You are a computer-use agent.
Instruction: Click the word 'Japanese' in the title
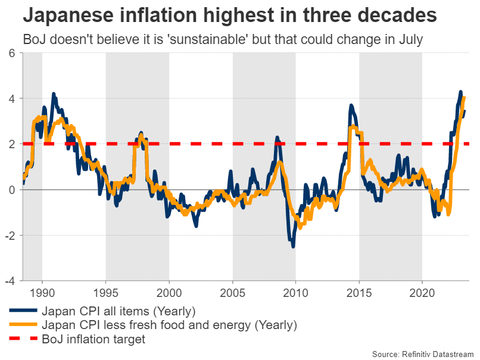click(68, 15)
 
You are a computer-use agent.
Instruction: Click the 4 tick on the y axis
click(12, 98)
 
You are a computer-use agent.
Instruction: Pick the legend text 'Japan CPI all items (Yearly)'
click(119, 311)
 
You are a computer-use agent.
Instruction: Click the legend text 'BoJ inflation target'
click(93, 339)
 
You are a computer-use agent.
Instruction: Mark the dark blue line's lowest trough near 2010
click(293, 246)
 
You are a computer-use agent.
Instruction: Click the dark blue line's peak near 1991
click(54, 94)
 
